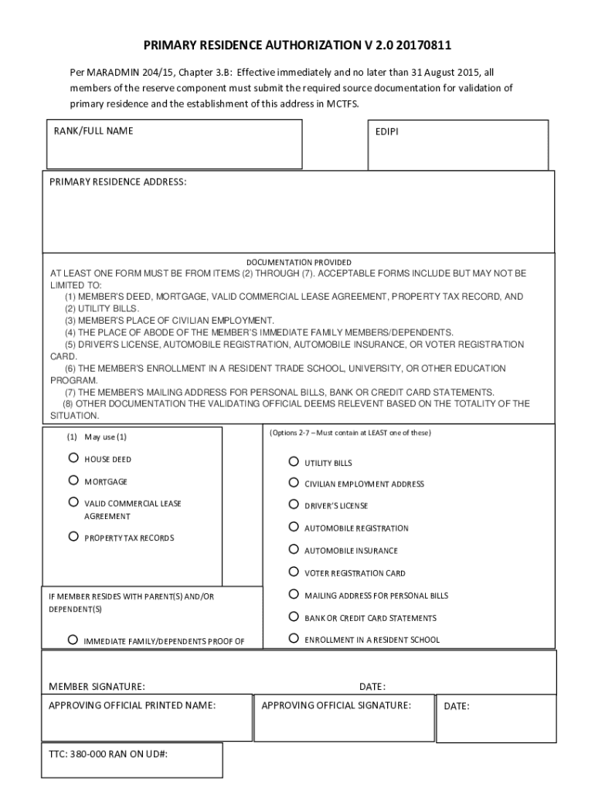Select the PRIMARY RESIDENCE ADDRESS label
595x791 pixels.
click(118, 182)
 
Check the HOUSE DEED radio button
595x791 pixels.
click(73, 458)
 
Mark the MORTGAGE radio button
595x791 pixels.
click(73, 480)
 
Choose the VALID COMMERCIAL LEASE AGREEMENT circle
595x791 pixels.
click(73, 502)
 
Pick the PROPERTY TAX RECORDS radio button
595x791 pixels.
click(73, 536)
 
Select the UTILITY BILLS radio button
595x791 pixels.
click(294, 462)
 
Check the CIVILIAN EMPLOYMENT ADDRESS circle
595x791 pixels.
click(294, 483)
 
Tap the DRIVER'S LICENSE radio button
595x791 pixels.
click(294, 504)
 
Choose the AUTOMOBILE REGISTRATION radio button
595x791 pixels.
click(294, 527)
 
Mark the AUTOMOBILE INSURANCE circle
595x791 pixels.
click(294, 549)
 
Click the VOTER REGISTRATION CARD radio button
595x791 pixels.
click(294, 572)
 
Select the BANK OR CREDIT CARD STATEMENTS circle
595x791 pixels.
click(294, 616)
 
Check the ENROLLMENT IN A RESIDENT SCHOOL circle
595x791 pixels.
click(294, 639)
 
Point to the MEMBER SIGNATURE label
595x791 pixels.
click(97, 686)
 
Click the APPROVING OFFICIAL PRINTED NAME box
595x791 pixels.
click(147, 718)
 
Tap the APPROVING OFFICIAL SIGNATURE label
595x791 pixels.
click(336, 705)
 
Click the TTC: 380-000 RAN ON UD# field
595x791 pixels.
click(132, 760)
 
